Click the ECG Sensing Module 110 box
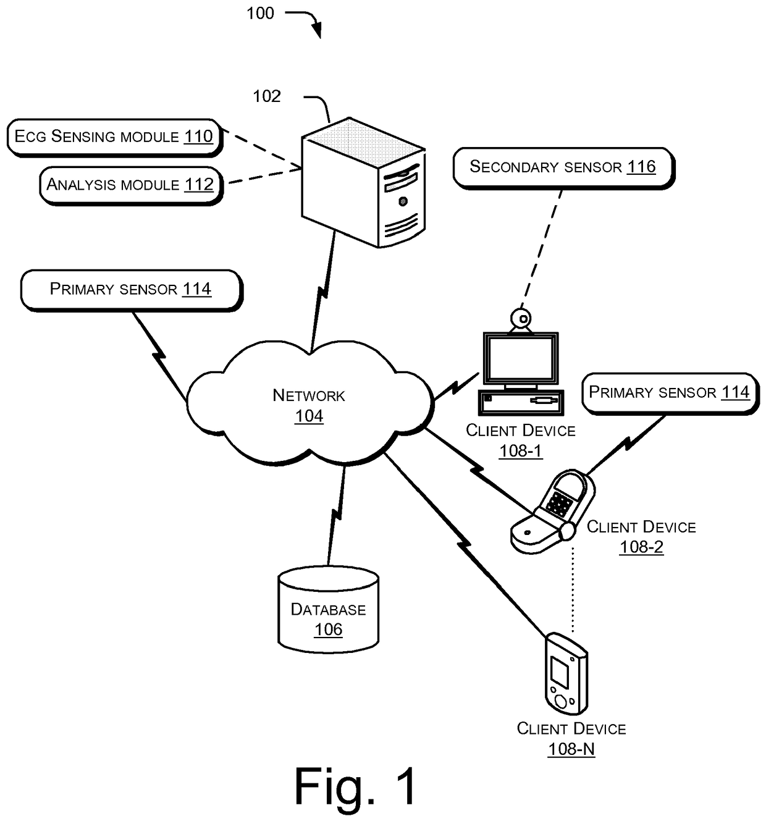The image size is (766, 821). point(114,137)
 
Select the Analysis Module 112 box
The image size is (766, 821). point(130,185)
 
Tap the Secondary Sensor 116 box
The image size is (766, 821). point(562,167)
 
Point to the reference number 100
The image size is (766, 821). point(260,13)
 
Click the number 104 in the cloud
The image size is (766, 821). point(309,416)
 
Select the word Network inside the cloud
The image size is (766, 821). point(309,395)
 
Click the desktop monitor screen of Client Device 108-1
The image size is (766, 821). point(521,359)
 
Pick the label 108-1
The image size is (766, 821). point(521,451)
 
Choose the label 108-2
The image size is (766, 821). point(641,547)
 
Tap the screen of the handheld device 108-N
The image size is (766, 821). point(559,673)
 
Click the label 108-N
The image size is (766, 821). point(571,749)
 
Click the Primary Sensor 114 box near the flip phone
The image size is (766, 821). point(669,392)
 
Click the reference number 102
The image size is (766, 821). point(267,96)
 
